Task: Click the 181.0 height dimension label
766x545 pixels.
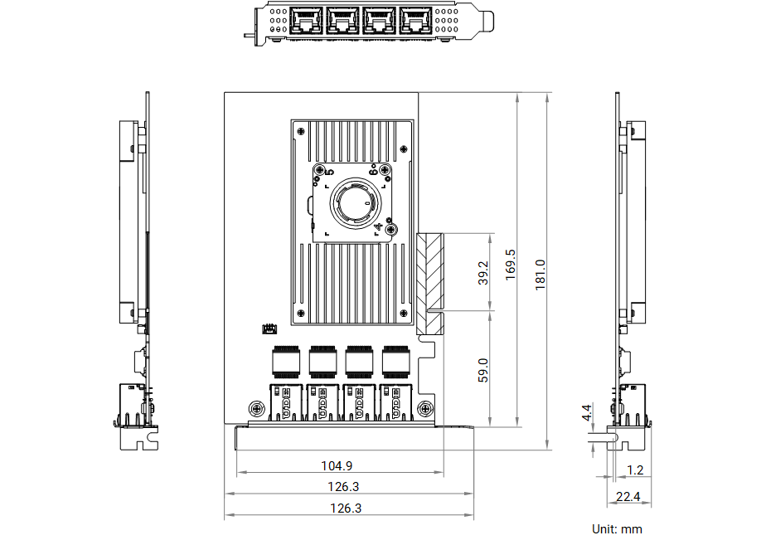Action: pos(540,275)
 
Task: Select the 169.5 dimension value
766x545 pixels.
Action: pos(510,265)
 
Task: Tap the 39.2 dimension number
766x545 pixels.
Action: pos(482,273)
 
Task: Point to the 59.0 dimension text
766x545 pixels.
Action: pos(482,370)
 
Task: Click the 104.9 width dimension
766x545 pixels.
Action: pos(337,466)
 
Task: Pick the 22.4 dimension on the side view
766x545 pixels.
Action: pos(628,497)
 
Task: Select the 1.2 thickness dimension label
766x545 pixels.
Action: pos(635,470)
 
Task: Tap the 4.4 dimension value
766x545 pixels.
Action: pos(587,412)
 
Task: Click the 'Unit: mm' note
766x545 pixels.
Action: pos(617,529)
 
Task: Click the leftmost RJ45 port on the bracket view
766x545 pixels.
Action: pos(306,21)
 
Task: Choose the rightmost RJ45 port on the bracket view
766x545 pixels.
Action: pos(415,21)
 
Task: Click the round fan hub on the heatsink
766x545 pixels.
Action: pos(356,202)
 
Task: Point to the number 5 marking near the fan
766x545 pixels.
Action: pos(329,172)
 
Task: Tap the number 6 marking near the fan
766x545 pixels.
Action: pos(373,171)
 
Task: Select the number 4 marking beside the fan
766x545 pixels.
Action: pos(378,227)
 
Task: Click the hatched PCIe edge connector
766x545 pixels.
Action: pos(430,284)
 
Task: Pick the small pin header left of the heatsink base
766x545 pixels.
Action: pos(269,328)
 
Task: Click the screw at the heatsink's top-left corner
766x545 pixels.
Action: pos(301,131)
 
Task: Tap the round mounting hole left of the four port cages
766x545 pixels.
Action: pos(257,408)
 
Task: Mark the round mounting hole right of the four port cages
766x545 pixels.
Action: pos(425,408)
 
